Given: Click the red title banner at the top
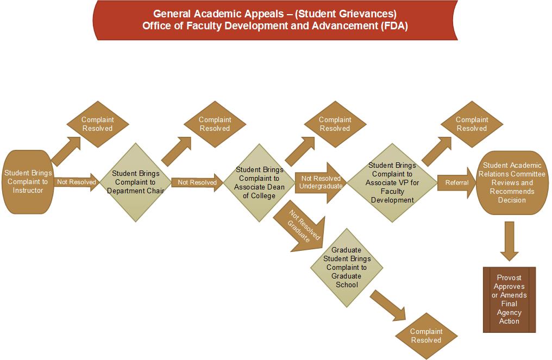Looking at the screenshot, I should click(275, 21).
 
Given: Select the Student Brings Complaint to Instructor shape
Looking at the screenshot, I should click(28, 182).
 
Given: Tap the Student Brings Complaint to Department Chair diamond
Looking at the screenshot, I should click(135, 182).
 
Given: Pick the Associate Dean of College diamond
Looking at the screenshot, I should click(259, 182).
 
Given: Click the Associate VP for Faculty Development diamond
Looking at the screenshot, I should click(392, 182).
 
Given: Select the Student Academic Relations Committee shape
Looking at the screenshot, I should click(511, 182).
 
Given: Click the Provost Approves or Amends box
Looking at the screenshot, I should click(509, 299).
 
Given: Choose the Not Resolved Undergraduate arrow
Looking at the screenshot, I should click(321, 182).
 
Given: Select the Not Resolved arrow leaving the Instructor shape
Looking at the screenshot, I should click(77, 182).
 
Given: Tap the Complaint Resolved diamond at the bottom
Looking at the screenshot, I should click(426, 336).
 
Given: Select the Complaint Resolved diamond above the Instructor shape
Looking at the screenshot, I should click(97, 124).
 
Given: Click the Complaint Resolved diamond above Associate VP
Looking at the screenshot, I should click(471, 124).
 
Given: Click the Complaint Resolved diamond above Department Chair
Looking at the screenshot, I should click(215, 124).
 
